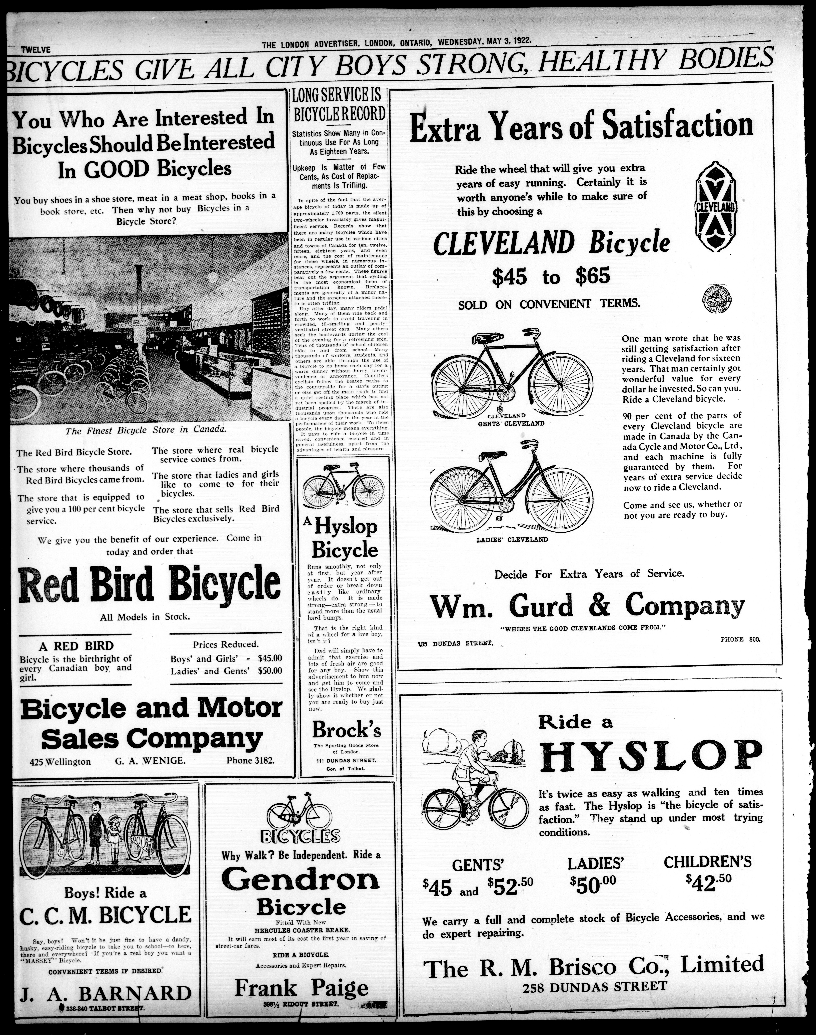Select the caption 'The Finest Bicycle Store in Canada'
point(145,430)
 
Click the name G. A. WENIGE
point(150,760)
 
